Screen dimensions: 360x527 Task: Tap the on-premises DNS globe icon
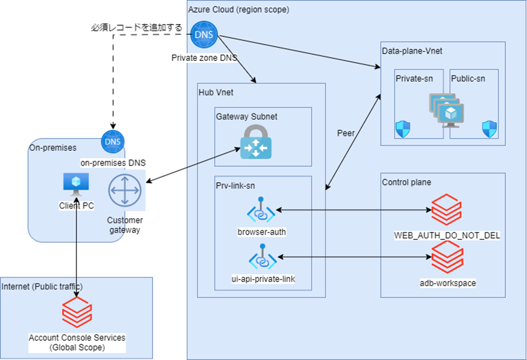[112, 142]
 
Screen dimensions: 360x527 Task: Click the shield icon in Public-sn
[489, 129]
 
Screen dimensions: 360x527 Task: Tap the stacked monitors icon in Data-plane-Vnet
[446, 110]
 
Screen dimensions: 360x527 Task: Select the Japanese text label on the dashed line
[136, 27]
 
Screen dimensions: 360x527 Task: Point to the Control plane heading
[406, 182]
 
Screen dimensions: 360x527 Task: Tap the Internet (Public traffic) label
[42, 286]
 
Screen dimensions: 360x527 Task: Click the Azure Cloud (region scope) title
[238, 10]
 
